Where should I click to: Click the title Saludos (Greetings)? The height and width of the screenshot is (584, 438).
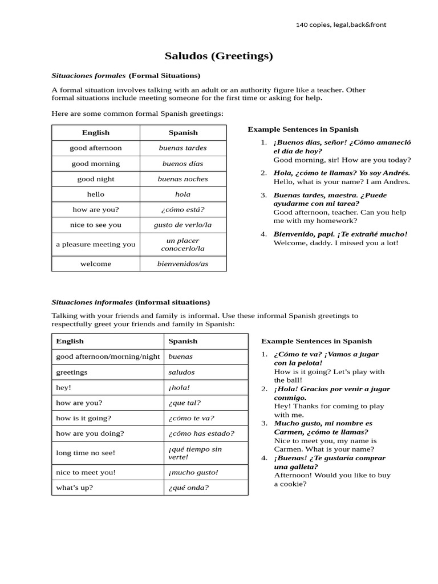point(218,56)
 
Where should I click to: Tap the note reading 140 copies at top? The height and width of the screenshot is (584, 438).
point(340,25)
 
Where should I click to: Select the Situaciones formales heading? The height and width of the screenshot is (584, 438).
point(125,75)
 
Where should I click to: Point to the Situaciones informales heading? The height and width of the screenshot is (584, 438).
point(131,302)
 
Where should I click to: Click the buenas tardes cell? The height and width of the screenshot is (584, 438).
point(182,148)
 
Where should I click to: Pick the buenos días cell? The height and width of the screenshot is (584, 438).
point(182,164)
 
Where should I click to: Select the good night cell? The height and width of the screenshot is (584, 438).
point(96,179)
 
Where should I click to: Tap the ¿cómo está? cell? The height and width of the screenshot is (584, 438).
point(182,209)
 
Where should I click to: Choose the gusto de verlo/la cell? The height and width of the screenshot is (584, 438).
point(182,225)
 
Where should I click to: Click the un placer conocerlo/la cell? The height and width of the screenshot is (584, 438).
point(182,245)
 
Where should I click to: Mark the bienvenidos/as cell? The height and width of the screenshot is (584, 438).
point(182,264)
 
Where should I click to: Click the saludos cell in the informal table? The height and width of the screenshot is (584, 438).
point(181,372)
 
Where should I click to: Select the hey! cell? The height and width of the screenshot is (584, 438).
point(64,387)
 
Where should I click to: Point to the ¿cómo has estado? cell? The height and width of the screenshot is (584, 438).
point(201,433)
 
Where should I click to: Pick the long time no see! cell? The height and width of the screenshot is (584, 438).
point(86,453)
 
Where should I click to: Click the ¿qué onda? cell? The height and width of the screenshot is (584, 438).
point(188,488)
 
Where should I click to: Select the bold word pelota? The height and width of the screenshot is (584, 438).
point(309,363)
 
